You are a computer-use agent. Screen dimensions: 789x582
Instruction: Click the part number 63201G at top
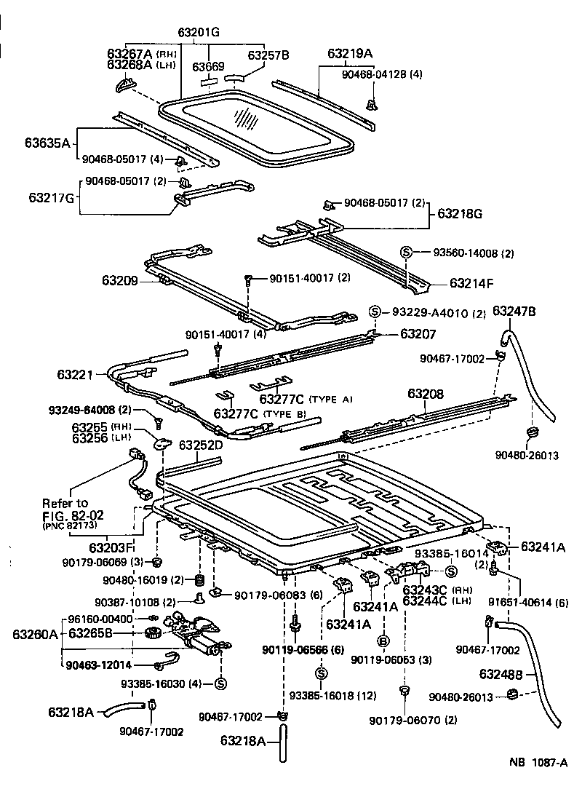[x=199, y=32]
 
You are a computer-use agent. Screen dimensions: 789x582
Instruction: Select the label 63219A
[x=350, y=53]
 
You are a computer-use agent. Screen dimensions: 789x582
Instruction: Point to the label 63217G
[x=52, y=197]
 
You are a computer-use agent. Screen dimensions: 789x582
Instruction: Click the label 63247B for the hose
[x=514, y=311]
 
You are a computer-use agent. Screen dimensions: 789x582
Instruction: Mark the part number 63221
[x=75, y=375]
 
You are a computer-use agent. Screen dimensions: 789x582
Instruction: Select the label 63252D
[x=202, y=445]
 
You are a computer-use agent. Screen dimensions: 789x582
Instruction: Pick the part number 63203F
[x=111, y=547]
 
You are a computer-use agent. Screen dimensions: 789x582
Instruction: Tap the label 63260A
[x=34, y=634]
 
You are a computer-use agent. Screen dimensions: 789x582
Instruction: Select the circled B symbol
[x=382, y=641]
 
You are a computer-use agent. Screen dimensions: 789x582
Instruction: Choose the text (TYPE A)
[x=330, y=399]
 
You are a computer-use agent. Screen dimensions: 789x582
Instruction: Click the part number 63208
[x=426, y=394]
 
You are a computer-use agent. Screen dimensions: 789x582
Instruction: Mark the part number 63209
[x=120, y=279]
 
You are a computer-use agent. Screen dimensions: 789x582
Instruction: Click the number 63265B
[x=91, y=633]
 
